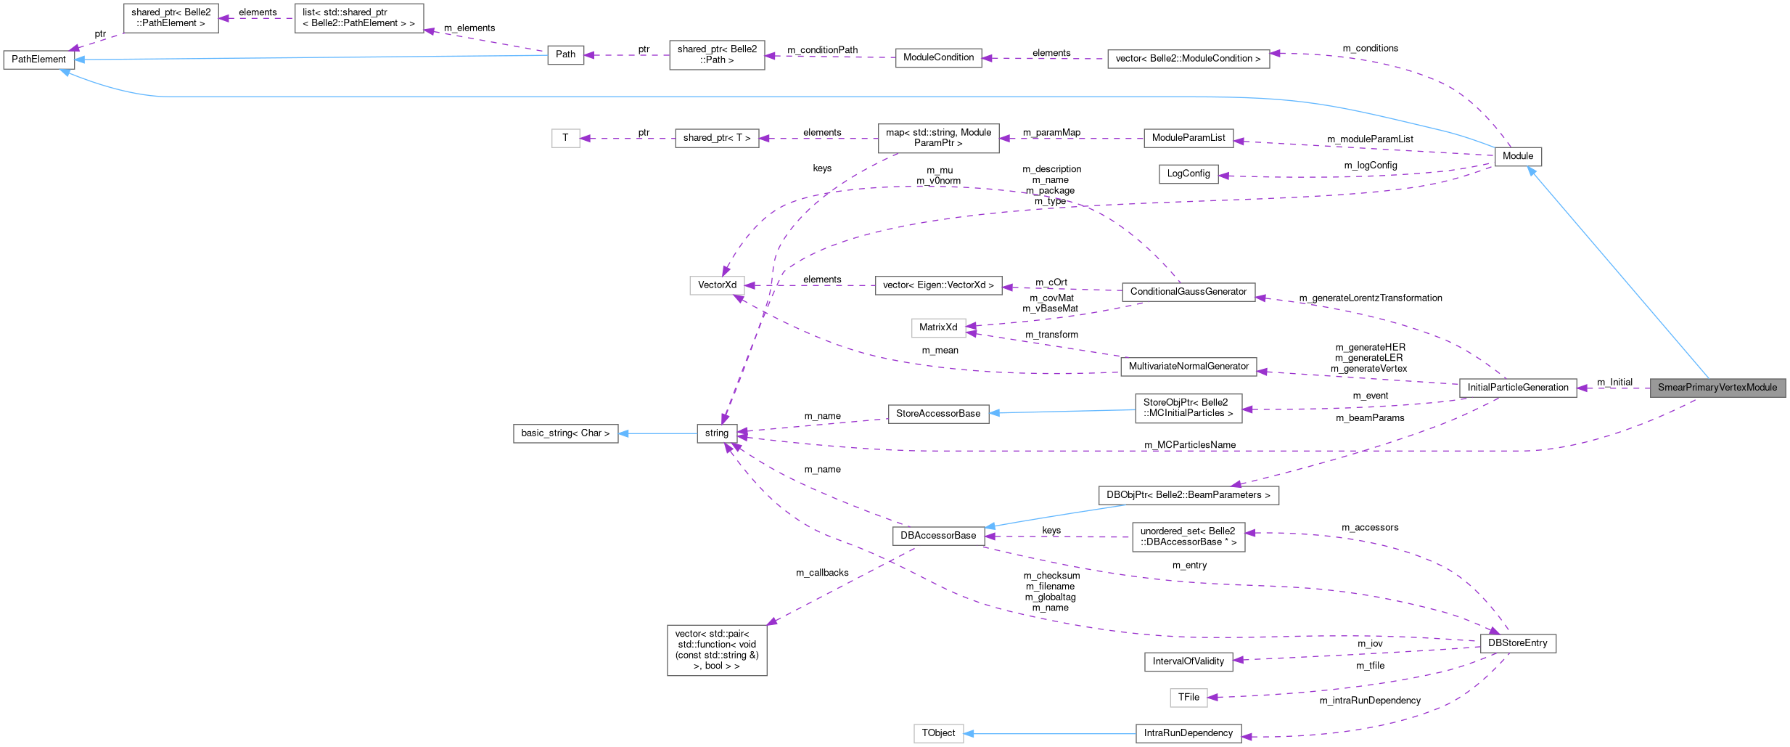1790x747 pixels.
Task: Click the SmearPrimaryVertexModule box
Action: click(1717, 388)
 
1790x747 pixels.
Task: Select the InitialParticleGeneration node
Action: click(1518, 388)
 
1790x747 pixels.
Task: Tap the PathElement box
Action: click(38, 60)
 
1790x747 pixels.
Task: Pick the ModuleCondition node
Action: click(938, 57)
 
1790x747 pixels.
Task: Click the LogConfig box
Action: click(1188, 174)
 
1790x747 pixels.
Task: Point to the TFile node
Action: click(1188, 697)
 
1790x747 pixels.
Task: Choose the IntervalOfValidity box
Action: click(1188, 661)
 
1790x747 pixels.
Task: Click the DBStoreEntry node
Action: click(1517, 643)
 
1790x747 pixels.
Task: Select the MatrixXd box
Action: click(937, 327)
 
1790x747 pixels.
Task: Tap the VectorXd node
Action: click(717, 285)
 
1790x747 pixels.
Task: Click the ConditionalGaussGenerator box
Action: click(1188, 292)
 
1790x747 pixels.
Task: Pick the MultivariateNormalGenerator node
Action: click(1188, 367)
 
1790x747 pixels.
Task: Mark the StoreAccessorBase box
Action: click(937, 414)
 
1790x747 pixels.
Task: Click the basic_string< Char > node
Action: click(565, 433)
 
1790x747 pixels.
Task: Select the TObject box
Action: click(937, 733)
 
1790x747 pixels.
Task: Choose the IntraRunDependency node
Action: click(1188, 733)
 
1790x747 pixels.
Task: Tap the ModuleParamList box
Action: click(1188, 138)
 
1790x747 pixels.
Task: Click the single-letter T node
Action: click(565, 138)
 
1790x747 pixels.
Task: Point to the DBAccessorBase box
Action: click(937, 536)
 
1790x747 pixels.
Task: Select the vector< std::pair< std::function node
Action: click(716, 650)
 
